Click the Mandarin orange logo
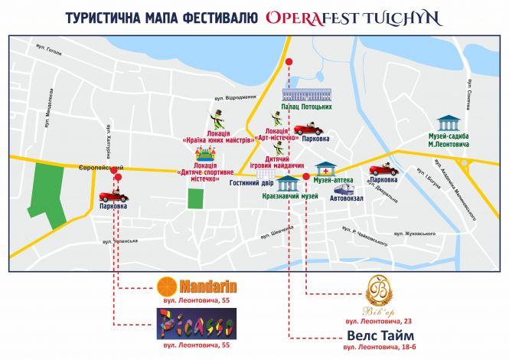[165, 287]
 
